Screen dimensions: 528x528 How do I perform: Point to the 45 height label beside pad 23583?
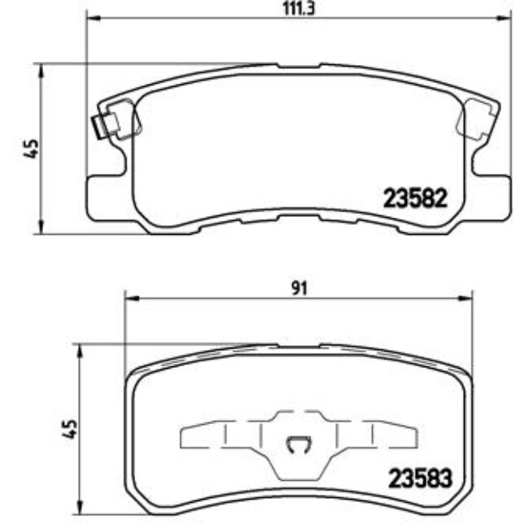[71, 428]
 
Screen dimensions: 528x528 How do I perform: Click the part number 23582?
[415, 197]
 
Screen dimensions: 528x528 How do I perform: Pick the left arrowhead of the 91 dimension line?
[127, 296]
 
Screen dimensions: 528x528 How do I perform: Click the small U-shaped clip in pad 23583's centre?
[297, 444]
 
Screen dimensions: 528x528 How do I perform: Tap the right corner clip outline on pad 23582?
[476, 122]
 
